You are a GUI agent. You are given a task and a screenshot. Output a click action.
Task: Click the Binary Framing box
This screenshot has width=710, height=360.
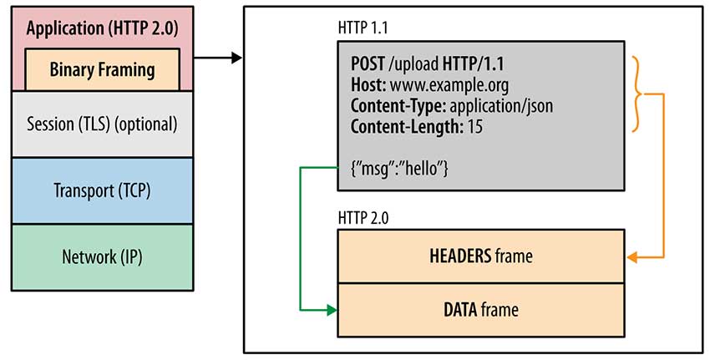point(102,69)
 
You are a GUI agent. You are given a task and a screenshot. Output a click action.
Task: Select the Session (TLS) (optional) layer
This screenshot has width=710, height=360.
point(102,124)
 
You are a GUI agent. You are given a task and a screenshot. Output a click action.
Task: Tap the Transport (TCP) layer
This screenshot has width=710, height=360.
point(102,190)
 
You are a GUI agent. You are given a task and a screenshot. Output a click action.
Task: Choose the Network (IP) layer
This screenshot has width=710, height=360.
point(102,256)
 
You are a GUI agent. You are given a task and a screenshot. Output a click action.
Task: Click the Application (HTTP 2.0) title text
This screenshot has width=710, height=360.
point(102,28)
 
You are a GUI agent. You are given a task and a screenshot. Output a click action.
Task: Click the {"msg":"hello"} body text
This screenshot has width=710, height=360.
point(401,169)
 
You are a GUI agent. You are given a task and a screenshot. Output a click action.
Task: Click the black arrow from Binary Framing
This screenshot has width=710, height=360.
point(219,58)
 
